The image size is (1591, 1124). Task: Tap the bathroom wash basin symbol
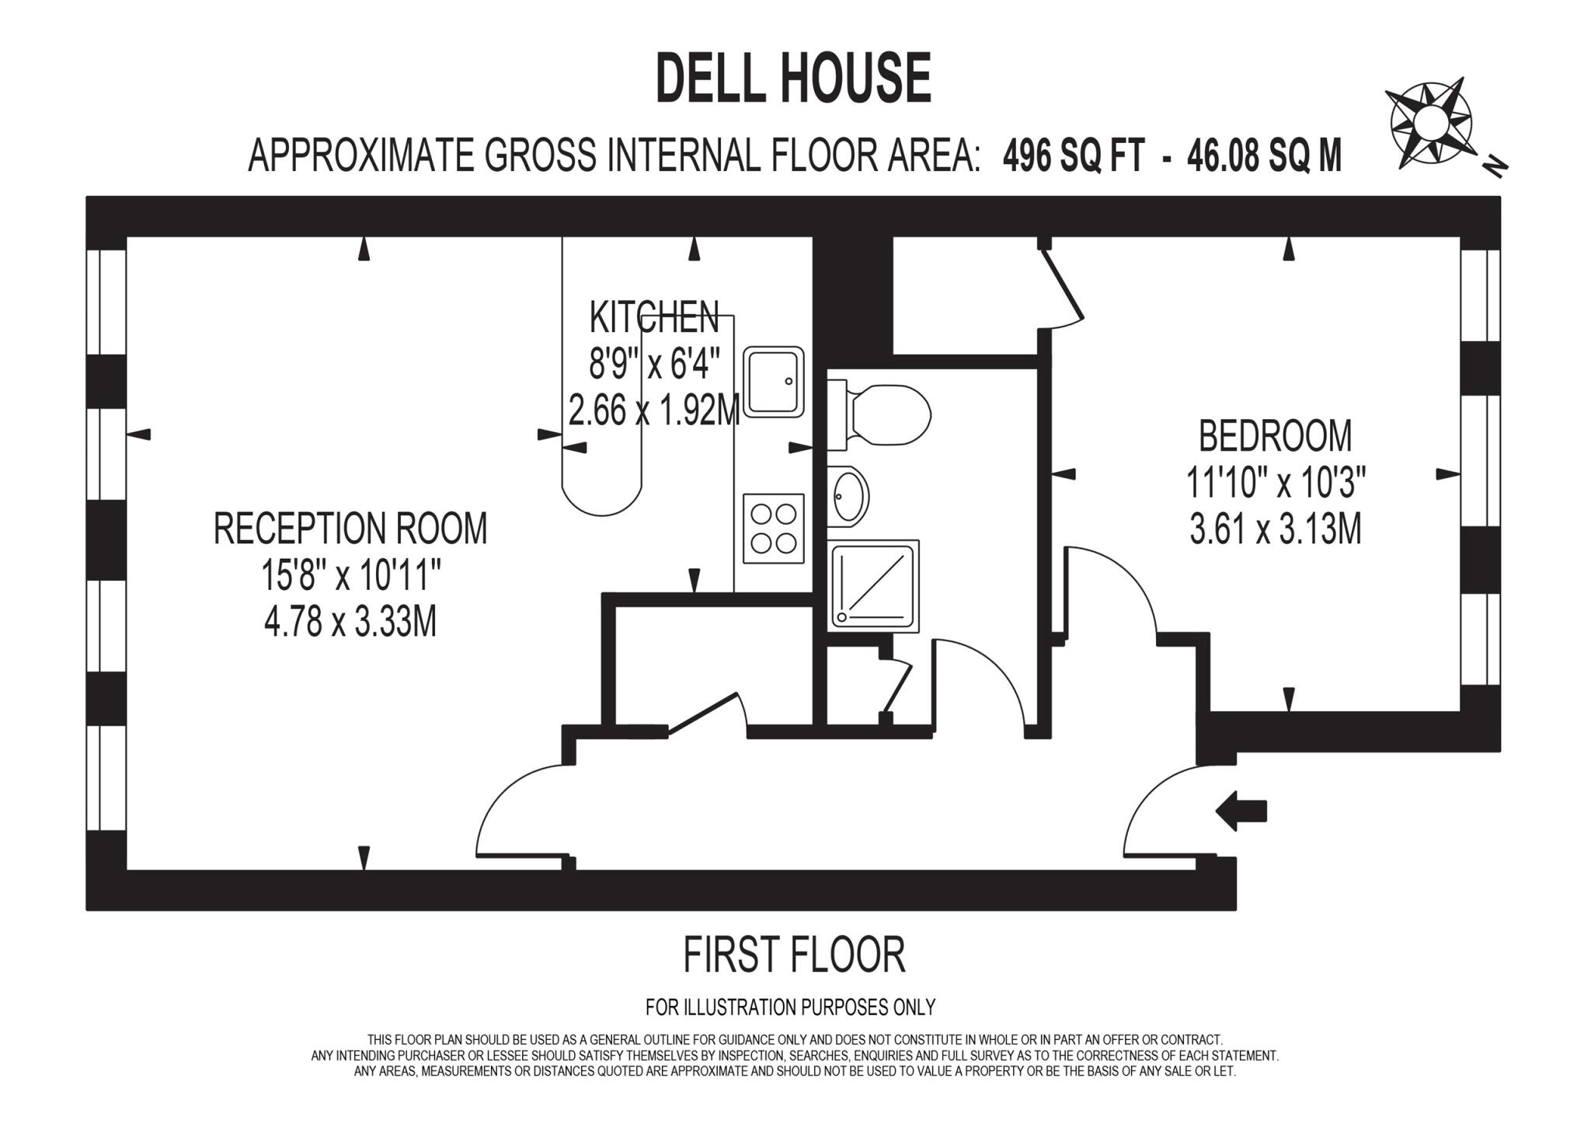pos(848,495)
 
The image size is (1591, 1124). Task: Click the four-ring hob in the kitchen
pos(773,528)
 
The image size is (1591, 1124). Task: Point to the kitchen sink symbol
pos(773,382)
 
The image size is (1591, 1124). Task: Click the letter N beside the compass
pos(1495,166)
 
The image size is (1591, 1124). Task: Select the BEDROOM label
pos(1275,435)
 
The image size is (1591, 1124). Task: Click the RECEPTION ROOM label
pos(350,529)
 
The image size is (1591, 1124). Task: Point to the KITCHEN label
pos(653,317)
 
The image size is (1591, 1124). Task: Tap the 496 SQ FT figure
pos(1073,155)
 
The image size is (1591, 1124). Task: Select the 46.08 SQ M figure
pos(1263,155)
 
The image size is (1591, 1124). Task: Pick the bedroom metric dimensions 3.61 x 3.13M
pos(1275,530)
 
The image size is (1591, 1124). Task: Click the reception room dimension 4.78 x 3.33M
pos(350,622)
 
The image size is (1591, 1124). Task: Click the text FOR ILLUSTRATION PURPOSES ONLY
pos(790,1007)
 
